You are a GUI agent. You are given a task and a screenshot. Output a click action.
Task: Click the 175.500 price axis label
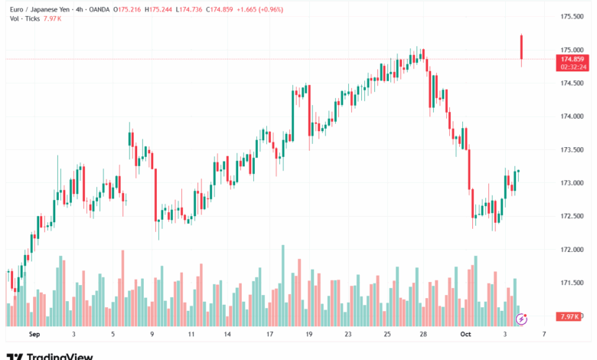click(x=573, y=16)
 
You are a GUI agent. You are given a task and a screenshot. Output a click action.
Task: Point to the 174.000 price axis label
click(x=573, y=116)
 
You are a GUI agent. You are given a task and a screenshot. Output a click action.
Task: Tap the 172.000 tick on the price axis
click(x=573, y=250)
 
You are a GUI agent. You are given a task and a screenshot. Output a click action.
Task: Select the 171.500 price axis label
click(x=573, y=283)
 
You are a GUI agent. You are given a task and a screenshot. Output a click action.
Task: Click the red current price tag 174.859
click(x=573, y=59)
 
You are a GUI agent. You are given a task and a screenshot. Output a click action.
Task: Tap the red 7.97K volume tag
click(x=570, y=316)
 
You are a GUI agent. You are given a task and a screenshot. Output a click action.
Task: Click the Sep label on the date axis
click(x=34, y=335)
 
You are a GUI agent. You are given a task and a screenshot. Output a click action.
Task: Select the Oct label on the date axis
click(x=464, y=335)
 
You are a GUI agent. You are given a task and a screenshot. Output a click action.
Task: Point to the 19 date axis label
click(x=308, y=335)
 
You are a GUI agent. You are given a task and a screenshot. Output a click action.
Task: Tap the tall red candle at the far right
click(x=521, y=47)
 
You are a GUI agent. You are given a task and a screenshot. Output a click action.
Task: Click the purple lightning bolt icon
click(x=523, y=317)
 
